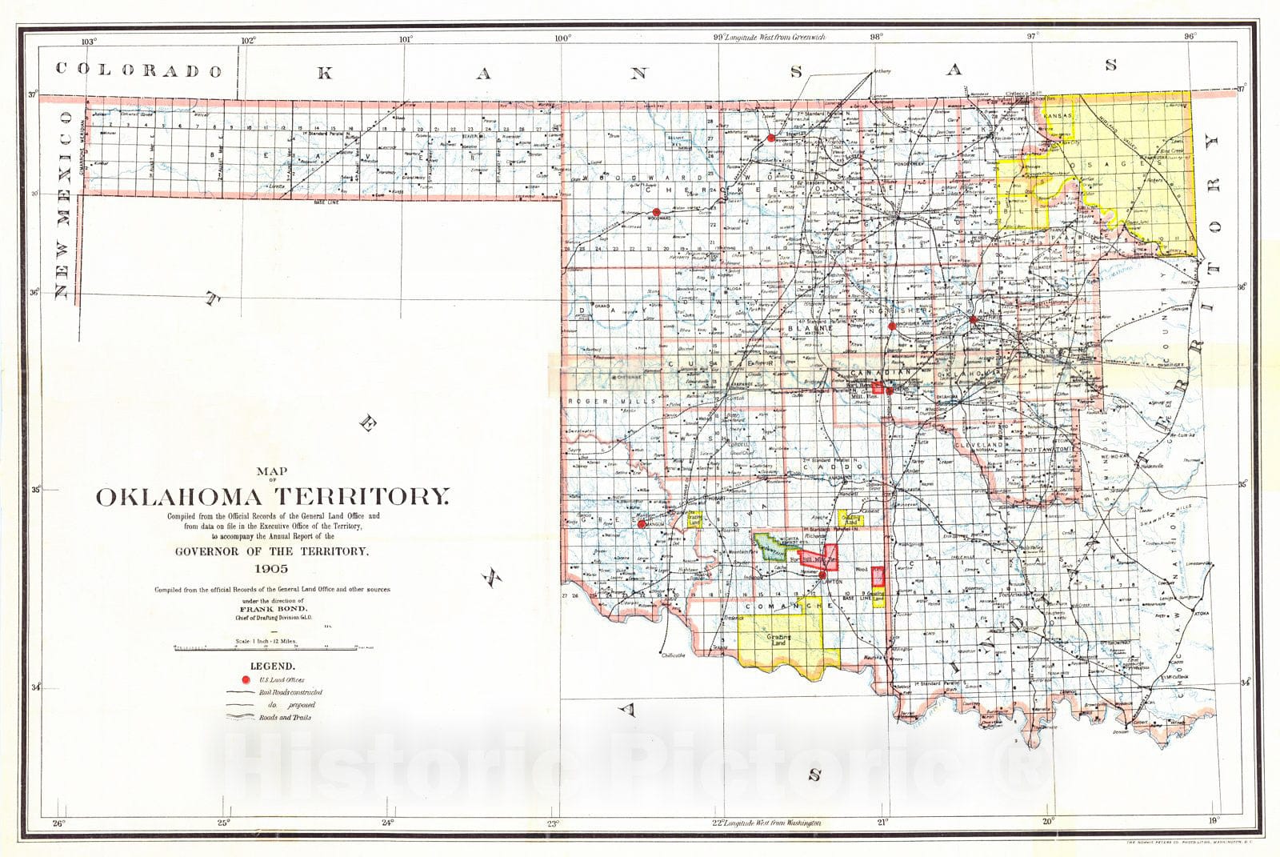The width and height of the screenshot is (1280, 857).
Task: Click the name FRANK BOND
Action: pos(273,607)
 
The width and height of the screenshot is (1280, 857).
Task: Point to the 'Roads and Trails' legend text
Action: pos(285,718)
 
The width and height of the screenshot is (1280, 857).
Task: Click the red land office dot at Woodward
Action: pos(656,214)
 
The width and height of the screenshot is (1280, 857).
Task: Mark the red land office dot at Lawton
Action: pos(822,575)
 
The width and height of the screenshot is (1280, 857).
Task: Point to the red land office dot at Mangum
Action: pos(642,524)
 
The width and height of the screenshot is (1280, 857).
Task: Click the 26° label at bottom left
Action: pos(58,823)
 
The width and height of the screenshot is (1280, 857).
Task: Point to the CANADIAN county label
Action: pos(880,373)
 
